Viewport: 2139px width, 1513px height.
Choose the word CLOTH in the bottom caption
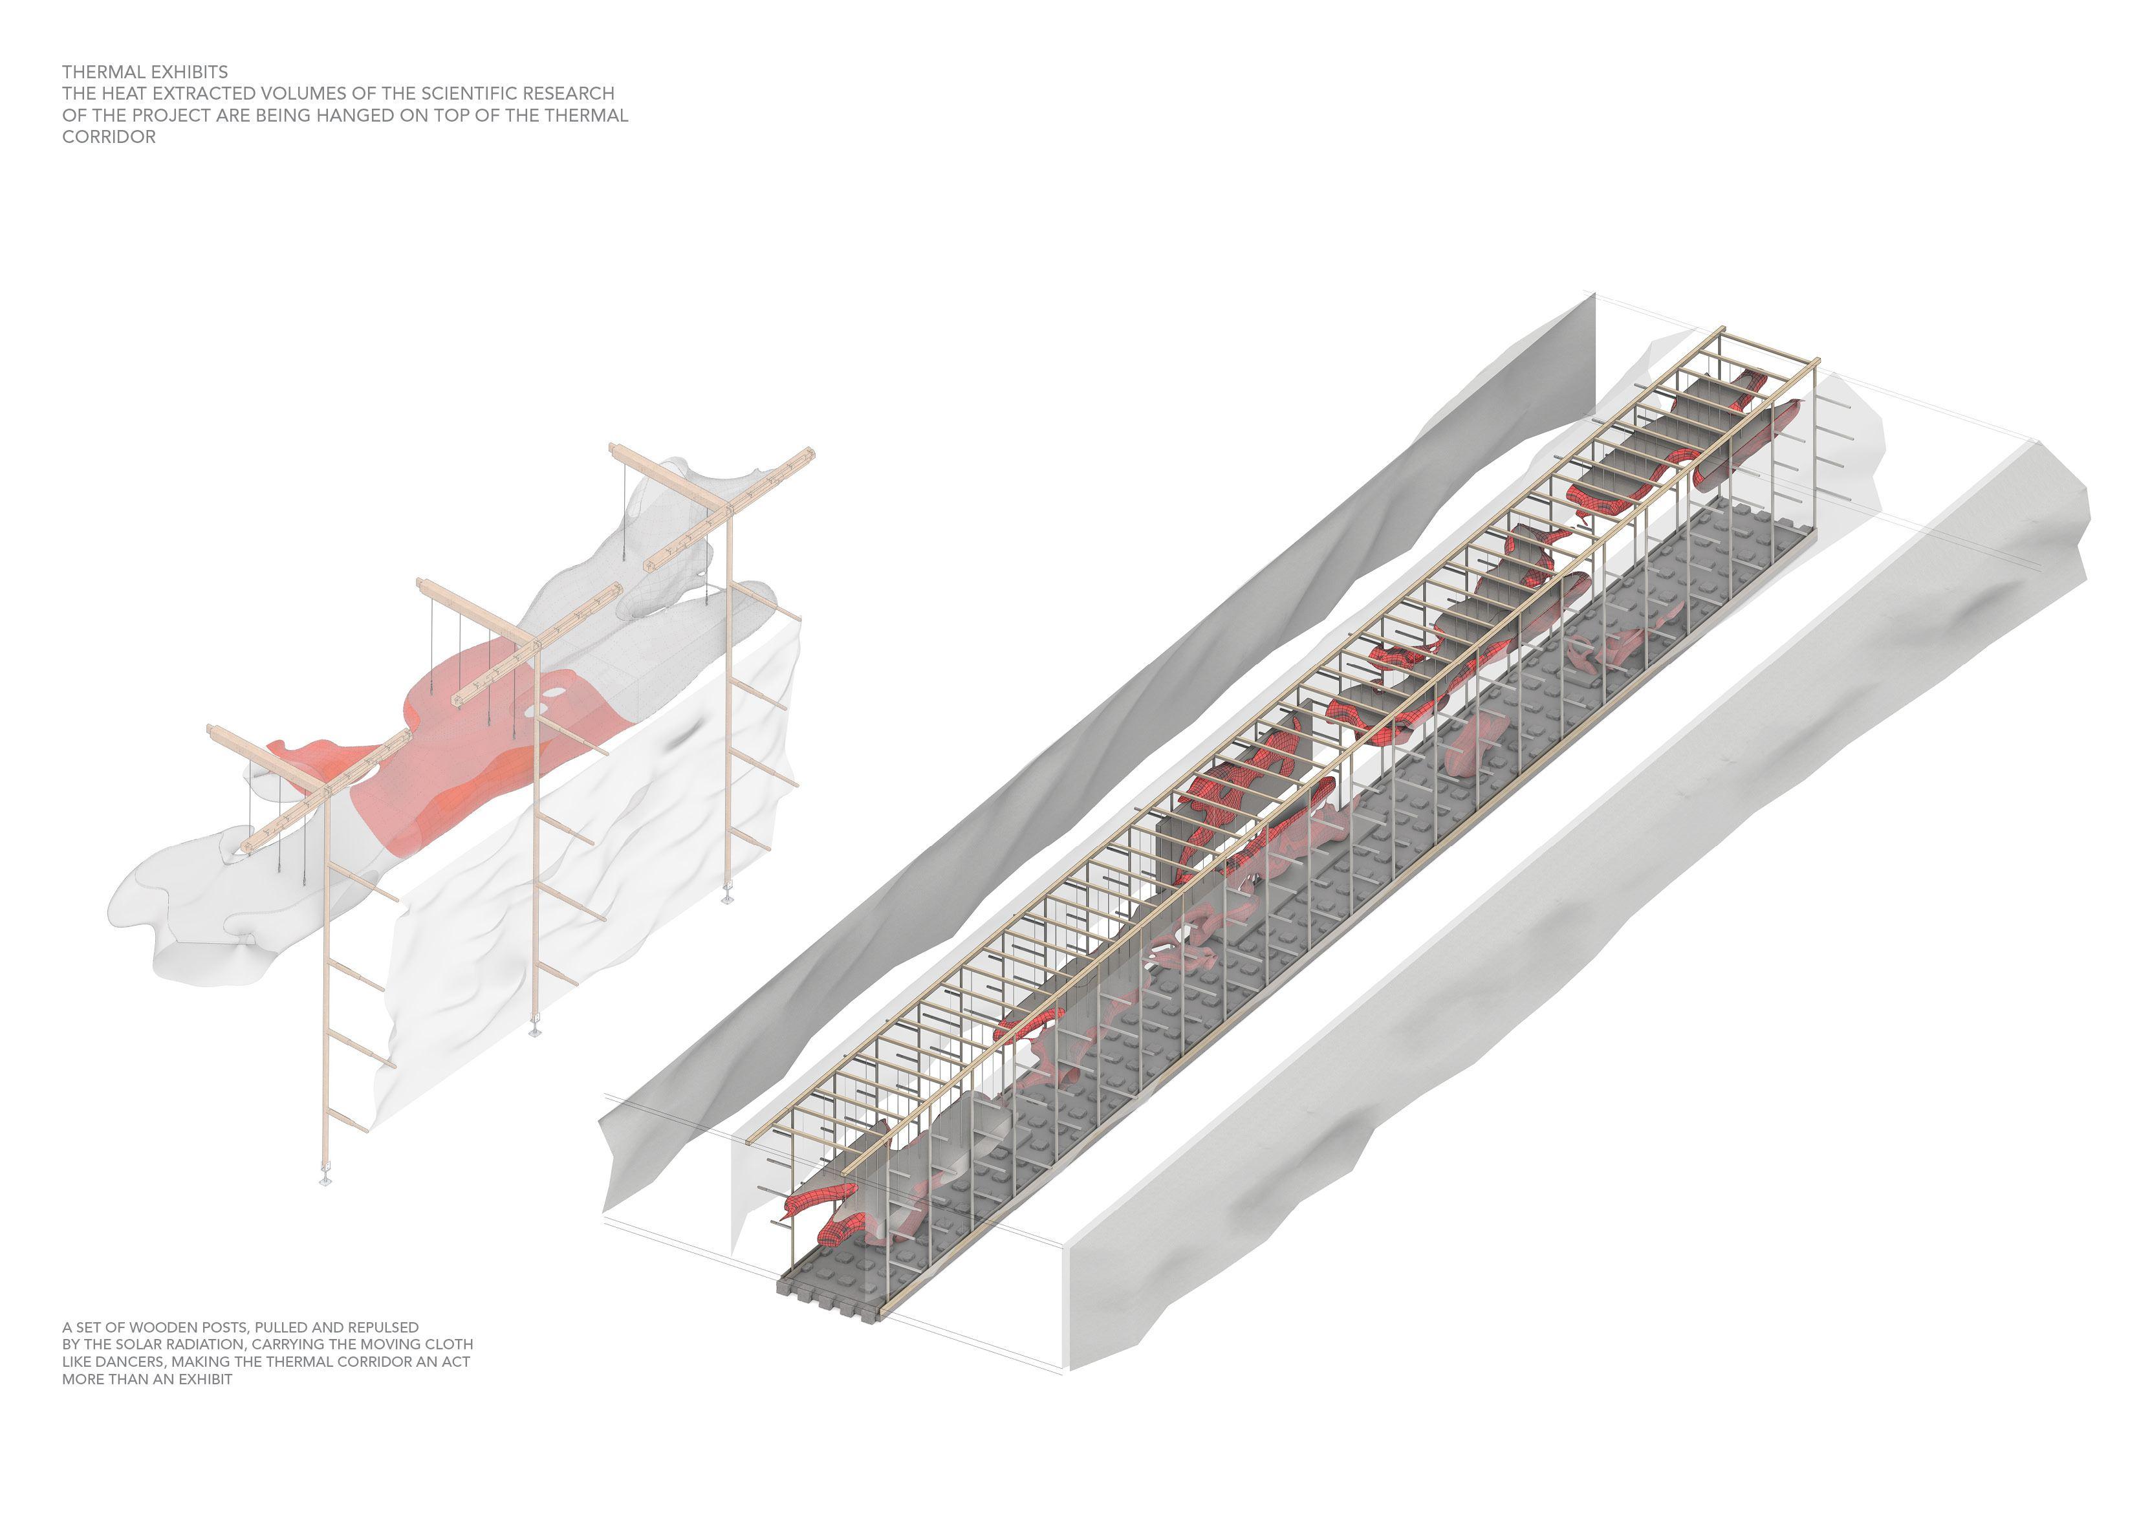448,1344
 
